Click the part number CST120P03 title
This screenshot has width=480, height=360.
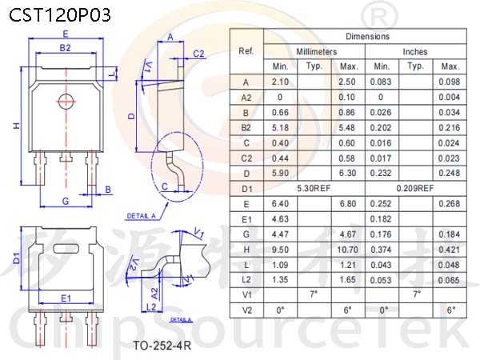60,14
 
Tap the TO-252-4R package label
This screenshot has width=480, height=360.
162,346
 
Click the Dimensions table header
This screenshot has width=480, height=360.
367,37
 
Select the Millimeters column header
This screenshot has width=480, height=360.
316,52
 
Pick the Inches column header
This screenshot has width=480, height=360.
414,52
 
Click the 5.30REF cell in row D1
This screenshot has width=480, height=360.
314,188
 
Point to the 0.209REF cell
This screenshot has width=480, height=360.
415,188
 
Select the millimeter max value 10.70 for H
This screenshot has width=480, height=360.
347,250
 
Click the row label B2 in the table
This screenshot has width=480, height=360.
246,128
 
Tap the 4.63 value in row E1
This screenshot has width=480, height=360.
280,219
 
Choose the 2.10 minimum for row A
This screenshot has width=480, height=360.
280,82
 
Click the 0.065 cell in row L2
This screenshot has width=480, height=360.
449,280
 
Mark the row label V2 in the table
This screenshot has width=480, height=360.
246,310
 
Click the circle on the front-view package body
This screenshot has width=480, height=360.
66,102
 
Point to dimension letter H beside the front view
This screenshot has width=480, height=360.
16,126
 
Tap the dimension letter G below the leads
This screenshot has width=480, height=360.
66,201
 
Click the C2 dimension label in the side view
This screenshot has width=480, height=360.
198,54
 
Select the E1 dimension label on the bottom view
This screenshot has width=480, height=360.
66,298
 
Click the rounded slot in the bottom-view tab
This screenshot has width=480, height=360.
66,249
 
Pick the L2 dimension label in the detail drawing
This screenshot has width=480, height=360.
151,307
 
